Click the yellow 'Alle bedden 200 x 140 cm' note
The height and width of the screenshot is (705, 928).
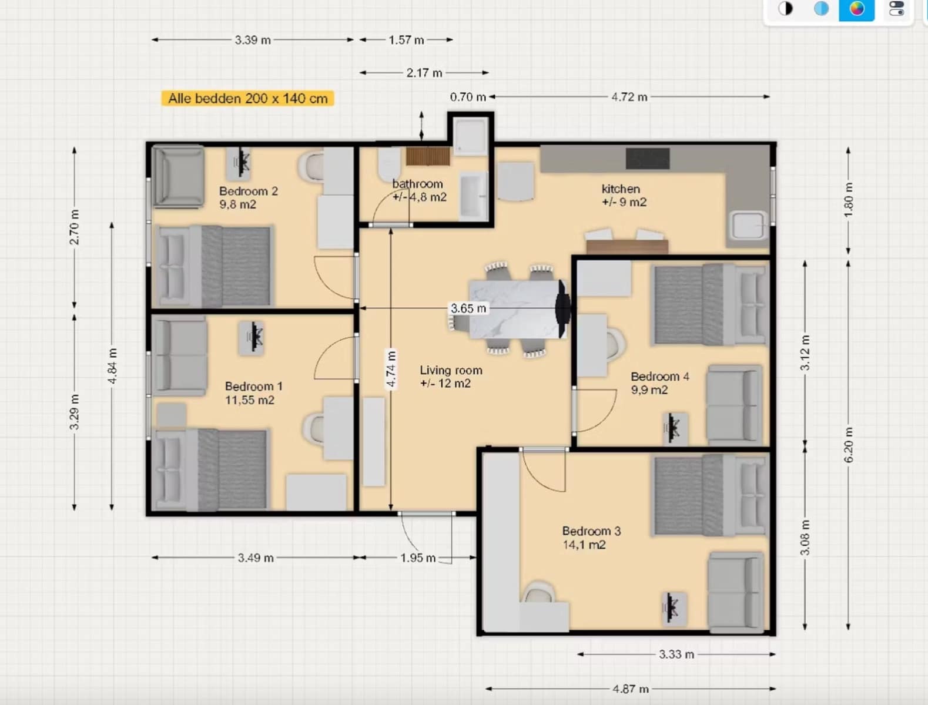[247, 99]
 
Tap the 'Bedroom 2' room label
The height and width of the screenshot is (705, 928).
[249, 191]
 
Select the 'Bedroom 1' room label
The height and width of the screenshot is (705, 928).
[254, 387]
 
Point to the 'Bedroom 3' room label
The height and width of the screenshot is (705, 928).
[591, 531]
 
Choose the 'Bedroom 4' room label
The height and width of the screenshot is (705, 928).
[660, 376]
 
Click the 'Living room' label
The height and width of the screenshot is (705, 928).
[451, 370]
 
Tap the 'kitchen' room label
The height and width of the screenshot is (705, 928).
[621, 189]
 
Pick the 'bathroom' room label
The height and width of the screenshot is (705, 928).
[418, 184]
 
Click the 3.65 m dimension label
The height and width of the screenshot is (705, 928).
[468, 308]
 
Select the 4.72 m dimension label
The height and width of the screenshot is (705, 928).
[629, 97]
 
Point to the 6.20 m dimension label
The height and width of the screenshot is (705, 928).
[849, 445]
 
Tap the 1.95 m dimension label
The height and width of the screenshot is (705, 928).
[418, 558]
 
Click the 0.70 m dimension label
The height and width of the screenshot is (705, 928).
[468, 97]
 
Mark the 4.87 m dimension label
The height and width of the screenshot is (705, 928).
[631, 689]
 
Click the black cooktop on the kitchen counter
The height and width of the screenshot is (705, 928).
[648, 159]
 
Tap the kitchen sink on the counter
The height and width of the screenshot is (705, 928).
[749, 226]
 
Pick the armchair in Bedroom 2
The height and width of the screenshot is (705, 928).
[179, 176]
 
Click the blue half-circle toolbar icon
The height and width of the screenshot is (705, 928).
[821, 8]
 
